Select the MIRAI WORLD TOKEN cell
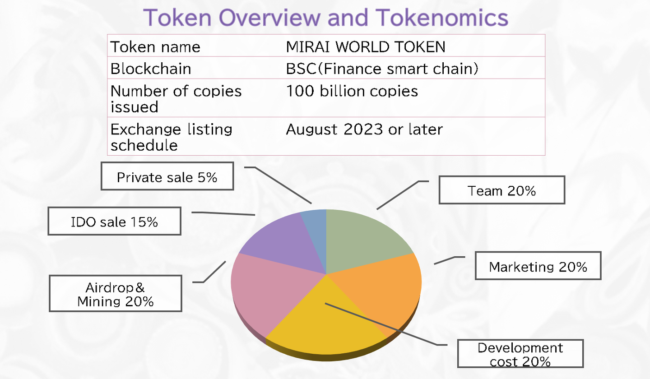tap(366, 46)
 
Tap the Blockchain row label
tap(151, 69)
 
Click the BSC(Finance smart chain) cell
tap(382, 69)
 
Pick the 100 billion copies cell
tap(352, 91)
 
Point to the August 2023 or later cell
tap(364, 129)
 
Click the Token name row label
tap(155, 47)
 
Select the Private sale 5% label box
tap(167, 176)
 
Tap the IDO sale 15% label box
tap(115, 221)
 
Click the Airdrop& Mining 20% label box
tap(116, 293)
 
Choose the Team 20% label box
tap(502, 190)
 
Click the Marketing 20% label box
tap(538, 266)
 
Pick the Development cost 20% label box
tap(520, 353)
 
